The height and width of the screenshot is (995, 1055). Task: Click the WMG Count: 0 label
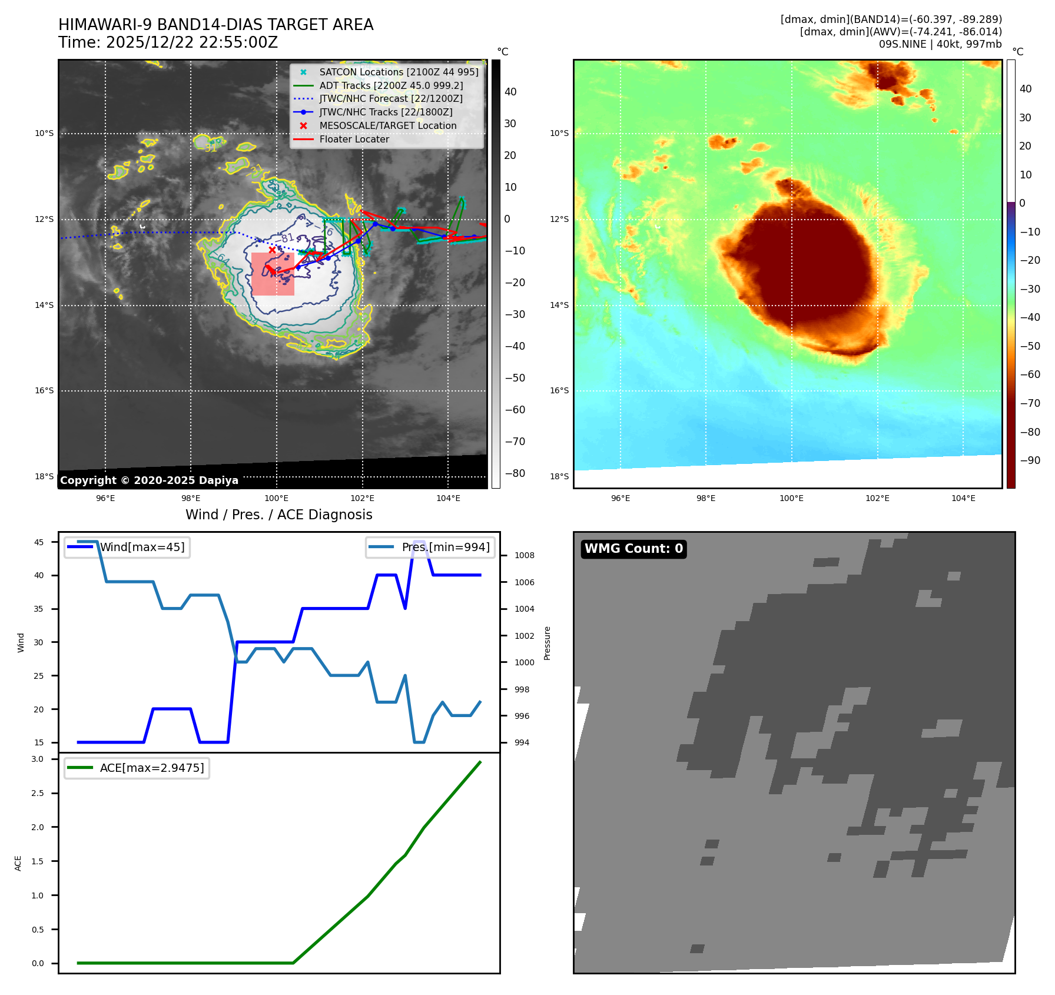[633, 549]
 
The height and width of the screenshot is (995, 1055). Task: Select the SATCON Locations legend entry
[399, 72]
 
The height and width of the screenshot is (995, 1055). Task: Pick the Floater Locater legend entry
[354, 140]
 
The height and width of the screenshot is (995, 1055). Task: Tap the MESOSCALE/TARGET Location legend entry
[387, 126]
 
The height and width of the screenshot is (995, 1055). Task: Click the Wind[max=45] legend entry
[142, 547]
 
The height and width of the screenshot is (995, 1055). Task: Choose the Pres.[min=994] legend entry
[445, 547]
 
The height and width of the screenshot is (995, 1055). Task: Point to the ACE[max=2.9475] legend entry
[152, 768]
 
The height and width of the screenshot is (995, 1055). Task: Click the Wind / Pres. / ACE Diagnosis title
[279, 515]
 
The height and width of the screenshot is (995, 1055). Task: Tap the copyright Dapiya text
[149, 480]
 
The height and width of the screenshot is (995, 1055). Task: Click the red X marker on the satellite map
[272, 250]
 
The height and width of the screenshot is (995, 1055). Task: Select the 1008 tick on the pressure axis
[524, 555]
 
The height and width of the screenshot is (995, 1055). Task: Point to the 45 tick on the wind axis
[39, 542]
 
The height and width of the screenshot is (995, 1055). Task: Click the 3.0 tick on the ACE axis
[38, 759]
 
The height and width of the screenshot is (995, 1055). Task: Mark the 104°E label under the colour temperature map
[963, 498]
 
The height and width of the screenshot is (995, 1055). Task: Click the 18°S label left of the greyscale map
[44, 476]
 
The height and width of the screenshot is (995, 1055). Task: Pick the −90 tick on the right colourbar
[1030, 460]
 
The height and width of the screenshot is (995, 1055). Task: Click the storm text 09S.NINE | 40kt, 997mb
[940, 44]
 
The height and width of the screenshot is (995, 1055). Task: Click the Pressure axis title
[548, 643]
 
